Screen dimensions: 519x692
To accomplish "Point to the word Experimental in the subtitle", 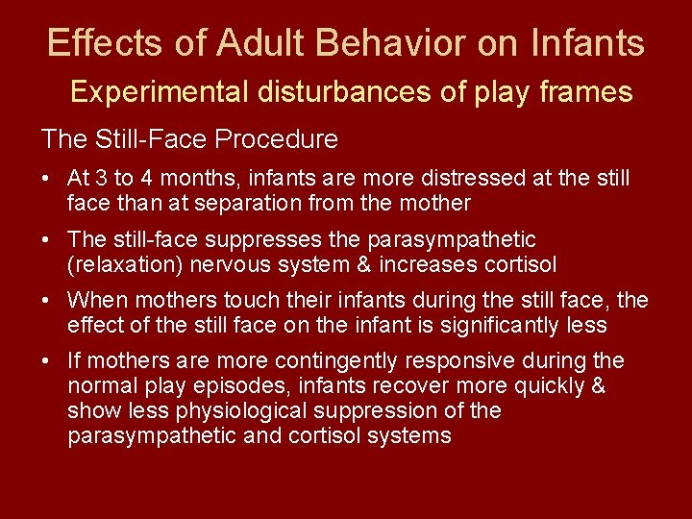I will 160,92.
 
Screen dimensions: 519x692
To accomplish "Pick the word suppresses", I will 269,239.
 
